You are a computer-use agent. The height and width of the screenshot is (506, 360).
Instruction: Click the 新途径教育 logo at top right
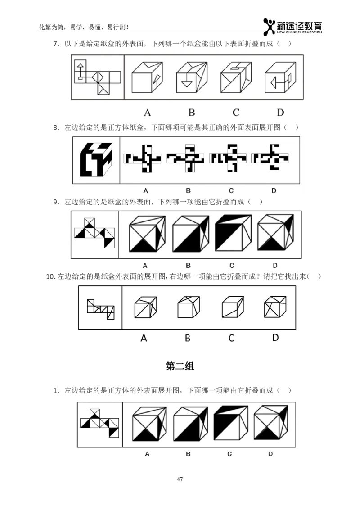pos(292,27)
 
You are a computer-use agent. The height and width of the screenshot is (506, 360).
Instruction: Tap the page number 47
pos(180,479)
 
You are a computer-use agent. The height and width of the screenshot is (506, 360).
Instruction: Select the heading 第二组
pos(180,366)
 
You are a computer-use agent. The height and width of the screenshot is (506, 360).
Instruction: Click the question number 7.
pos(56,44)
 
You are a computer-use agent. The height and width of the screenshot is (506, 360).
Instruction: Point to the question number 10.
pos(51,276)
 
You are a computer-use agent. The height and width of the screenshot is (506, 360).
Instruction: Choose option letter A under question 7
pos(148,113)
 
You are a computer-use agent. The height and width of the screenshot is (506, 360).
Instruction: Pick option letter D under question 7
pos(280,113)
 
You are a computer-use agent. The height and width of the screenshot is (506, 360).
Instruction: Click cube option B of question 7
pos(192,77)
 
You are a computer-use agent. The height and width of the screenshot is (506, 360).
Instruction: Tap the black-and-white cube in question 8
pos(96,159)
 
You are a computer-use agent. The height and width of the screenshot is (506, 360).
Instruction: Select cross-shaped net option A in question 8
pos(142,158)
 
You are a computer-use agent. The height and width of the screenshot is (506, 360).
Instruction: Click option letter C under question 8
pos(231,191)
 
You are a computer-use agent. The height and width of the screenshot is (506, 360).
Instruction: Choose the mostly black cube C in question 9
pos(233,233)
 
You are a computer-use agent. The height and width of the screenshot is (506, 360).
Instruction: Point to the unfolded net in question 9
pos(94,233)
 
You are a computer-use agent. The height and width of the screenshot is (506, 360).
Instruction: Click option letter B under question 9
pos(189,266)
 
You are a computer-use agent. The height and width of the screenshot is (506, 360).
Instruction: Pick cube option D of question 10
pos(275,307)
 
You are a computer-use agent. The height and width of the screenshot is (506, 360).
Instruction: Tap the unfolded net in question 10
pos(101,309)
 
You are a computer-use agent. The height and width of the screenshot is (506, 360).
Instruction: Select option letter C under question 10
pos(231,338)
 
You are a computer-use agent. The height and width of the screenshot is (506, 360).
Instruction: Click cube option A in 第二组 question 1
pos(150,424)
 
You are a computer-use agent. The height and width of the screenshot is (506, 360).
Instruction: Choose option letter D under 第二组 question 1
pos(270,454)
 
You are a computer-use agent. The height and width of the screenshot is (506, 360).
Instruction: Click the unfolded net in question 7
pos(97,77)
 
